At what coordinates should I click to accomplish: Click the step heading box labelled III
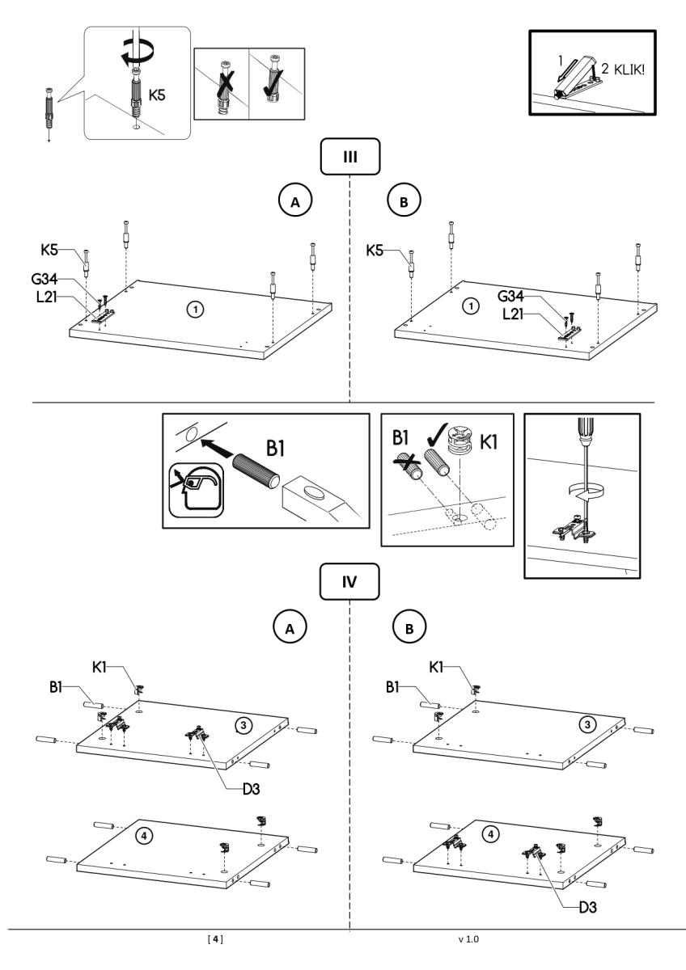[350, 157]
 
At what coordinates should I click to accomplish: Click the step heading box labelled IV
[350, 580]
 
